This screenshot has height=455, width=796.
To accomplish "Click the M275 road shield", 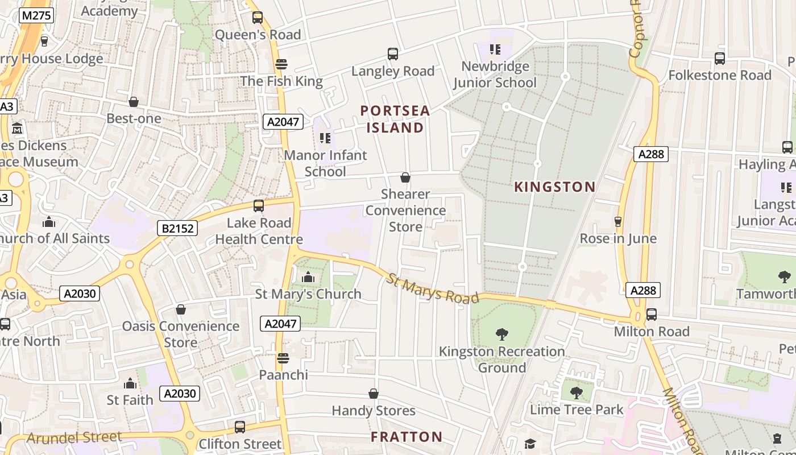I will pyautogui.click(x=36, y=15).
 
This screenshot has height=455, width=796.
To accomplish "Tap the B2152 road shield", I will pyautogui.click(x=177, y=229).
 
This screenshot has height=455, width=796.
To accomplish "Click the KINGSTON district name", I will pyautogui.click(x=555, y=187).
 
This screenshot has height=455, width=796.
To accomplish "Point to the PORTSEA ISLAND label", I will pyautogui.click(x=395, y=119).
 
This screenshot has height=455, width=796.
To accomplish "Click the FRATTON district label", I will pyautogui.click(x=407, y=437).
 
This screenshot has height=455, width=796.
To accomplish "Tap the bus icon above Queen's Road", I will pyautogui.click(x=258, y=18).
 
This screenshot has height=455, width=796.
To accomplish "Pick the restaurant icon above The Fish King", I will pyautogui.click(x=281, y=64).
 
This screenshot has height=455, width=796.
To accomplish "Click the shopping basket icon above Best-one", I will pyautogui.click(x=134, y=102).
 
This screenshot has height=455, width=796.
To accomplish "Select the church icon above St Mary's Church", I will pyautogui.click(x=308, y=277).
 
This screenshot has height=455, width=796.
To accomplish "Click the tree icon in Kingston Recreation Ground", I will pyautogui.click(x=501, y=334).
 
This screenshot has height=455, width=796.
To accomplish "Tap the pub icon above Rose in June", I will pyautogui.click(x=618, y=221).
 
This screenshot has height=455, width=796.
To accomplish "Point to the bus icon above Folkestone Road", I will pyautogui.click(x=719, y=58).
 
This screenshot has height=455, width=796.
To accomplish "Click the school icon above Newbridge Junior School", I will pyautogui.click(x=495, y=49).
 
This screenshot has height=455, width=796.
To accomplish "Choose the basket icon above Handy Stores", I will pyautogui.click(x=374, y=394).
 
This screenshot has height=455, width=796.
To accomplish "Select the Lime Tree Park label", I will pyautogui.click(x=577, y=409).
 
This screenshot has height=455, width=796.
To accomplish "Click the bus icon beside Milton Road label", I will pyautogui.click(x=652, y=314).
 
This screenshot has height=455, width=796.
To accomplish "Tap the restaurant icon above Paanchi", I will pyautogui.click(x=283, y=358).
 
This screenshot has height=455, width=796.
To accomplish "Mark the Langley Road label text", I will pyautogui.click(x=392, y=71).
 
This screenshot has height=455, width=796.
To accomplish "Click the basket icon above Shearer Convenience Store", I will pyautogui.click(x=405, y=177).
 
